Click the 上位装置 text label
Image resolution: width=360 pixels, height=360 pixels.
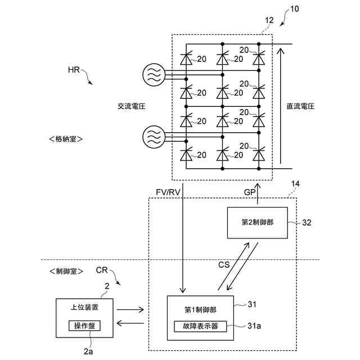84,307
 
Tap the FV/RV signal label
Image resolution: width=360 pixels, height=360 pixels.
168,192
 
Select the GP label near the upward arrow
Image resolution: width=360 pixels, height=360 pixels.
250,192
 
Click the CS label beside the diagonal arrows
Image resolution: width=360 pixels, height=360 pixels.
224,265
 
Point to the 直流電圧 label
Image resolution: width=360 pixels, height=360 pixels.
300,106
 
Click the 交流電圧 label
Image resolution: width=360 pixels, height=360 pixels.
132,106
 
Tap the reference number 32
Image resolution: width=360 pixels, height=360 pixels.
307,223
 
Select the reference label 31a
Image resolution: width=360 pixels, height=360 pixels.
254,326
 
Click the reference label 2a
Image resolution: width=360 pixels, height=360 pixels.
88,352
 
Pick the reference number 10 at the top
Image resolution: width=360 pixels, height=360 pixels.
295,9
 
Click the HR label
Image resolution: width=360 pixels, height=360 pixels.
74,70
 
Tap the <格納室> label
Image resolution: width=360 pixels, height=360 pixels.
66,139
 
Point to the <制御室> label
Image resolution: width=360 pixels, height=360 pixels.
66,271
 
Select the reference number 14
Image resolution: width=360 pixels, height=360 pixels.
295,184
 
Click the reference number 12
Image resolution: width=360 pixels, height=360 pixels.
269,20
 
